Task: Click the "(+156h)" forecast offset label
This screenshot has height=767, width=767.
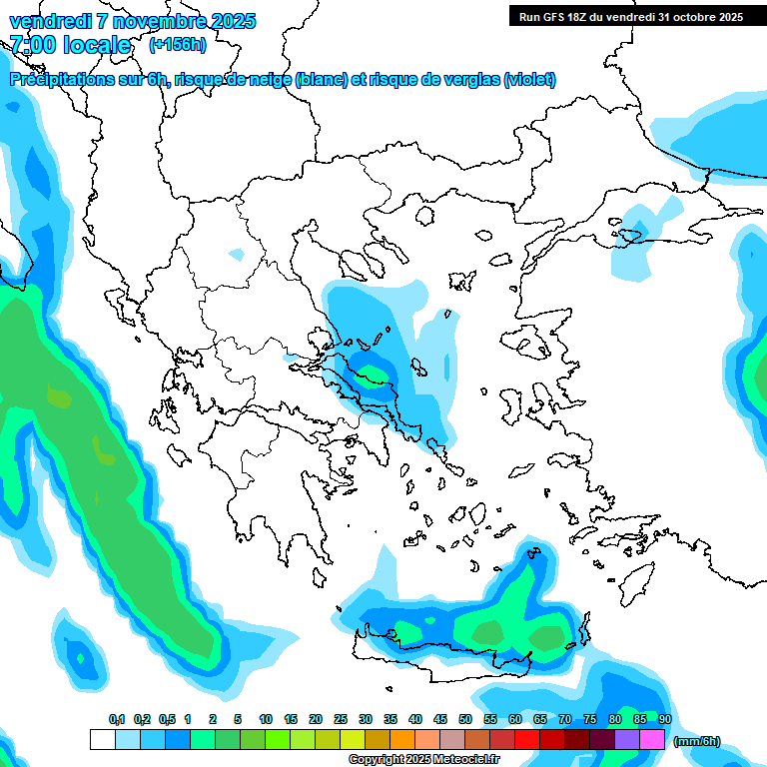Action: (x=178, y=44)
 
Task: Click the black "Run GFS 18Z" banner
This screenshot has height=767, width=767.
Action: (x=631, y=16)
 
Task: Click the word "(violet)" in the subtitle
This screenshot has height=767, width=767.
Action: (x=529, y=80)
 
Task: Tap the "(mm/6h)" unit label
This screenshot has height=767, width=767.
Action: (x=698, y=741)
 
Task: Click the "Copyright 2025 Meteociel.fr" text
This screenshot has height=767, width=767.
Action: (x=424, y=759)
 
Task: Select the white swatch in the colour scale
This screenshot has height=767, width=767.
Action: (x=102, y=740)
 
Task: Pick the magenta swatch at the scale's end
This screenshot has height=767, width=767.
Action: (x=652, y=740)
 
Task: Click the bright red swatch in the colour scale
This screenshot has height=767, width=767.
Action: (x=527, y=740)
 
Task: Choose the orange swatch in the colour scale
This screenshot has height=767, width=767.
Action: (x=402, y=740)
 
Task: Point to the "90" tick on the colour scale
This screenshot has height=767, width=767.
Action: (x=665, y=719)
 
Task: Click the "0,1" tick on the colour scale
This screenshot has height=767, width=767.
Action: (x=117, y=719)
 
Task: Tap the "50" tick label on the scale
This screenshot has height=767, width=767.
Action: (x=465, y=719)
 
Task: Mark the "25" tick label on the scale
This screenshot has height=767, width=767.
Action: (x=341, y=719)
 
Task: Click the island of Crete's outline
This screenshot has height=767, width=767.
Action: (x=469, y=654)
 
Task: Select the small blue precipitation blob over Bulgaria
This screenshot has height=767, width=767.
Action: (x=236, y=254)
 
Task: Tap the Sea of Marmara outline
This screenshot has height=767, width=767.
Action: (x=629, y=237)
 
